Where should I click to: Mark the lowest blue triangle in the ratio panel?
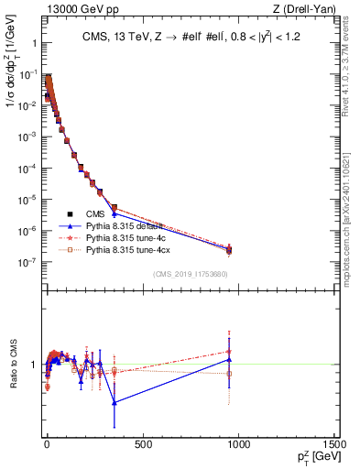tap(115, 402)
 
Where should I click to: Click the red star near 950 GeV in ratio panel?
tap(229, 352)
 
